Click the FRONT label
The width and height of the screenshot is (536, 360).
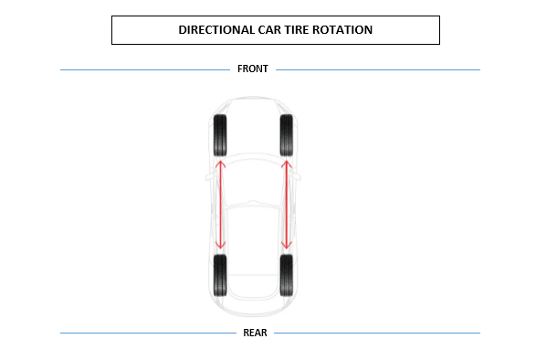(x=253, y=69)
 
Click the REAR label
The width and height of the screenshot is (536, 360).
(x=255, y=333)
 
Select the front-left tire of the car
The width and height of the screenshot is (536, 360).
(x=219, y=135)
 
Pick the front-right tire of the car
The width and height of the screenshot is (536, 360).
(x=287, y=135)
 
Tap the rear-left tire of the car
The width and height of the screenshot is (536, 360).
(x=219, y=275)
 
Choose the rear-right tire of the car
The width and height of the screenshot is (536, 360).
(x=287, y=275)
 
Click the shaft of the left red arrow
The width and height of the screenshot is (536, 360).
(x=219, y=205)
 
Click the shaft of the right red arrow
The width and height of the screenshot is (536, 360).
(x=287, y=205)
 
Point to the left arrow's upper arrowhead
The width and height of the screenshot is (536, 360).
(x=219, y=164)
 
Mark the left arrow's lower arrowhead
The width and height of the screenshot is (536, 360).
(x=219, y=245)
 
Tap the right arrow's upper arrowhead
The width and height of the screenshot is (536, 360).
(x=287, y=164)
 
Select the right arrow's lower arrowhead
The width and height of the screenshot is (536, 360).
(x=287, y=245)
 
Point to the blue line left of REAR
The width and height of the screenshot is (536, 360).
(x=147, y=333)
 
